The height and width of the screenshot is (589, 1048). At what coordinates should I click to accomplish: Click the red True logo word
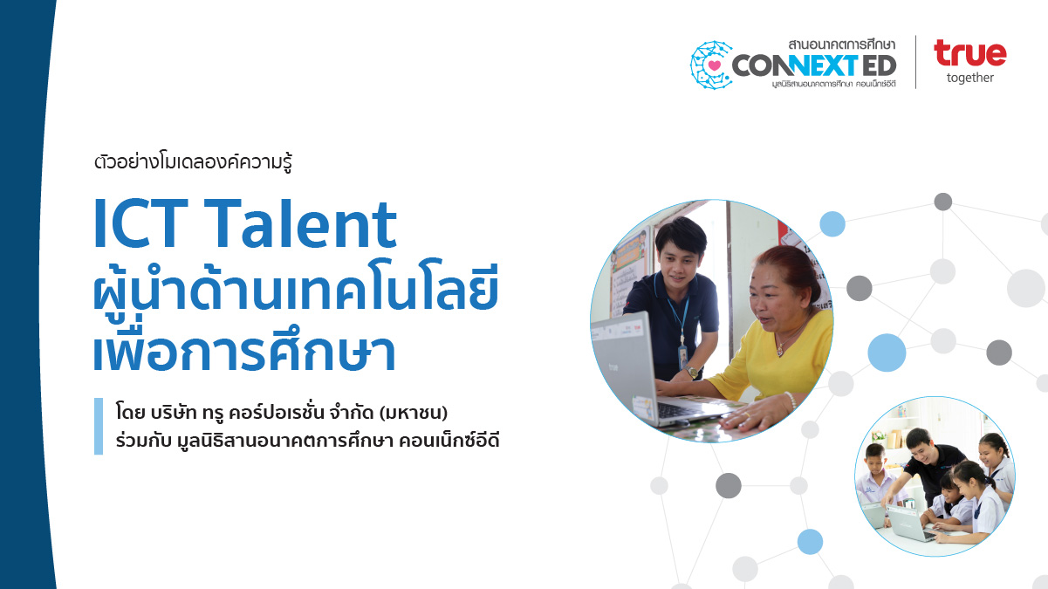(969, 53)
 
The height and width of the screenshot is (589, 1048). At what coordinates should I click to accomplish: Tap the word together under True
(969, 78)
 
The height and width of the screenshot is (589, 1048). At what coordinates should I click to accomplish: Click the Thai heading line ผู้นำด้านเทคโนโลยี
(295, 291)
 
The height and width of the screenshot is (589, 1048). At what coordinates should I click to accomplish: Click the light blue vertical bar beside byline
(99, 426)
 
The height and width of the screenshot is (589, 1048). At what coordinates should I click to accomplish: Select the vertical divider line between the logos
(915, 62)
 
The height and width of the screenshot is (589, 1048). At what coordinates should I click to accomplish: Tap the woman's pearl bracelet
(789, 402)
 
